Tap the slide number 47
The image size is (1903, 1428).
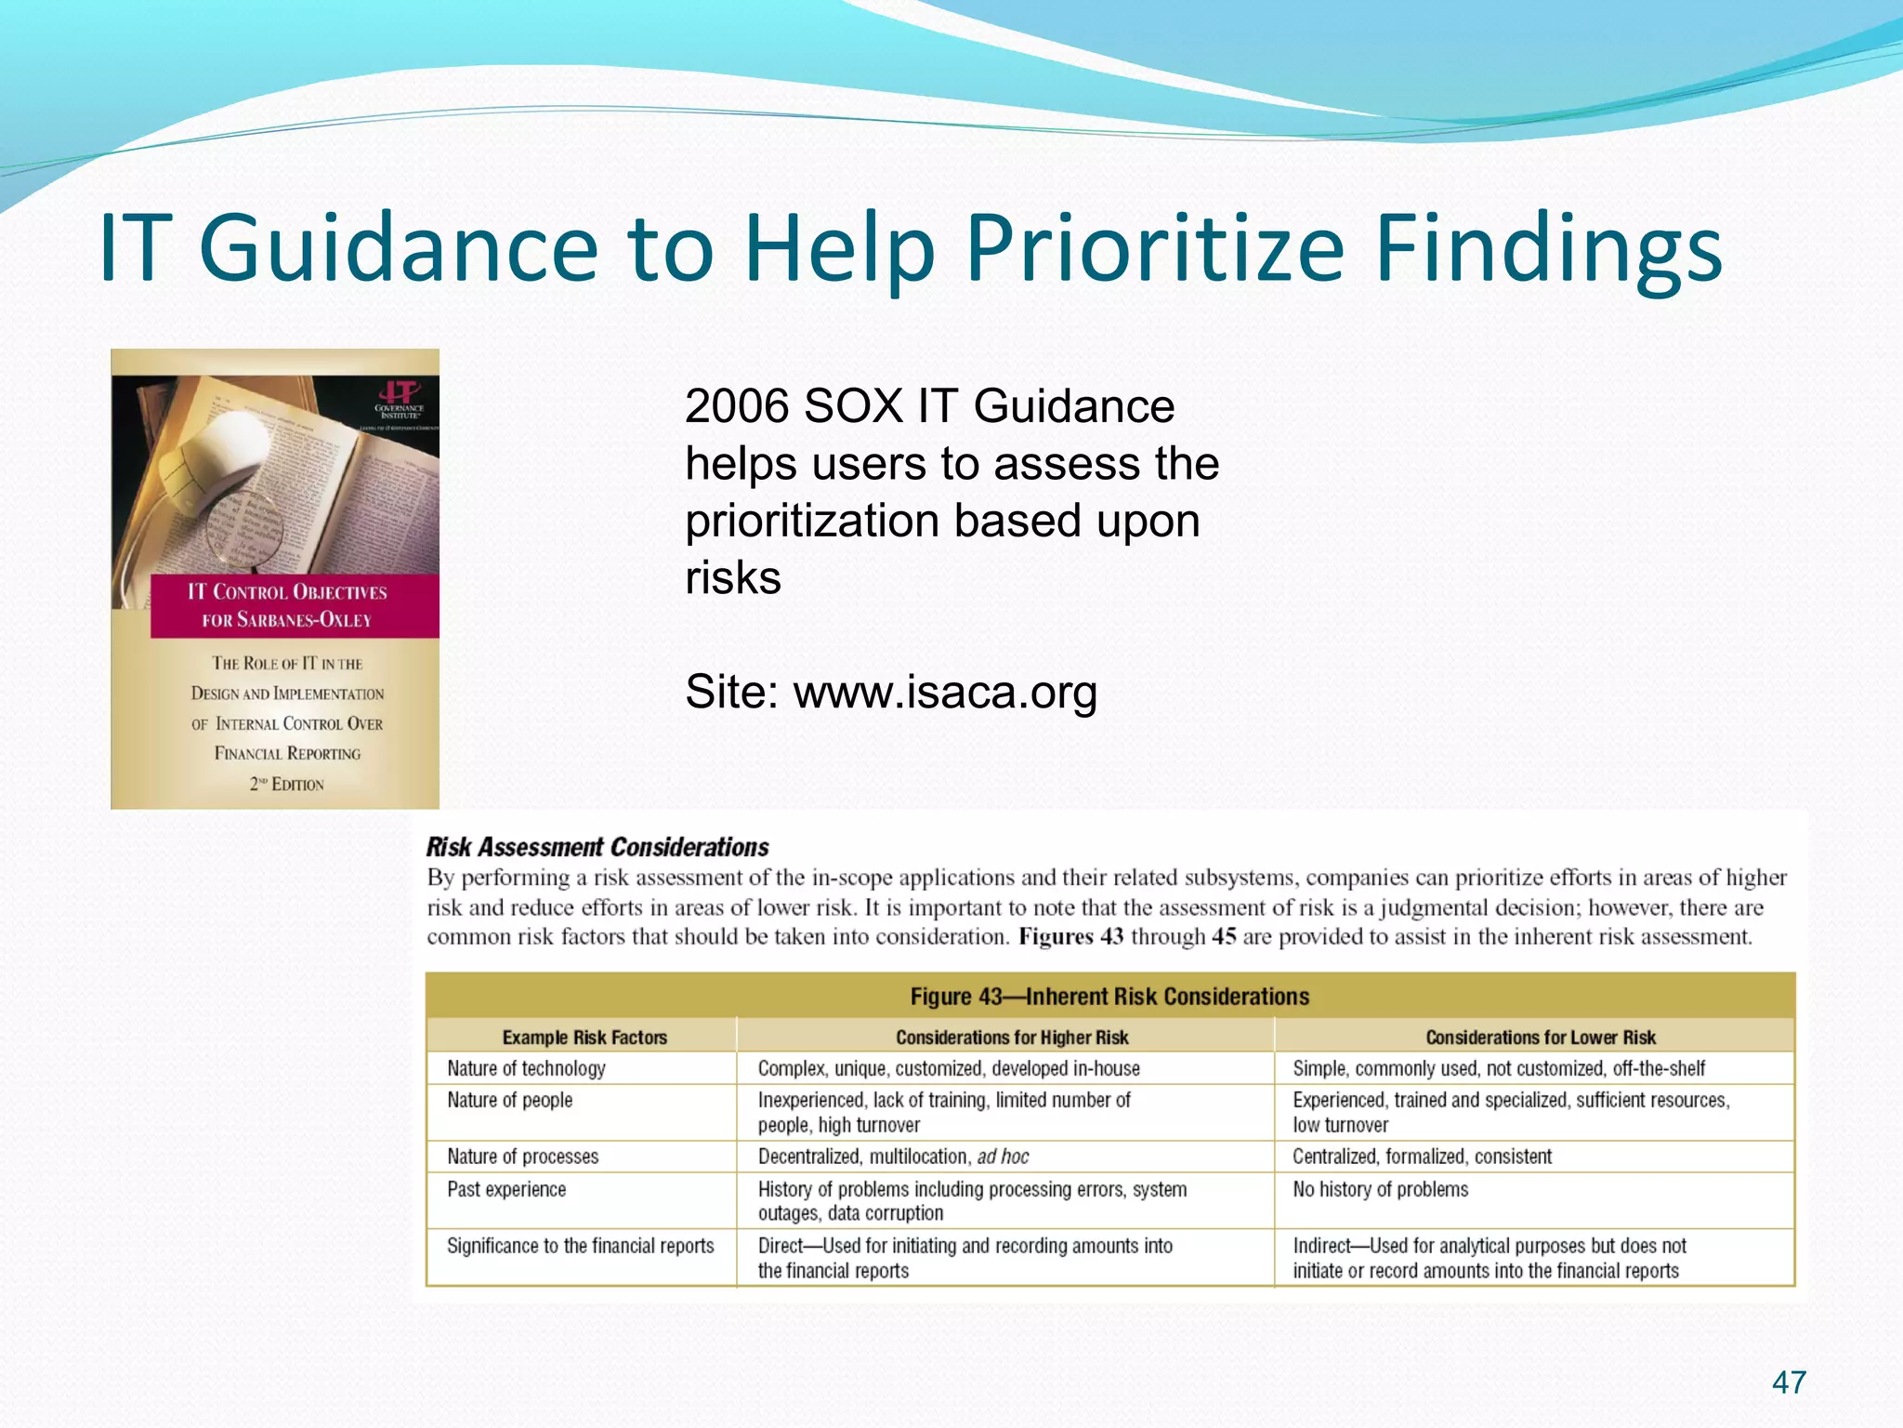[x=1789, y=1382]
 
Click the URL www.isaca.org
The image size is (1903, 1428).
[x=945, y=692]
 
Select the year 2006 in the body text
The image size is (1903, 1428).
[x=736, y=406]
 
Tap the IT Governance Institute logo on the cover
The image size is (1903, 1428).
[x=400, y=400]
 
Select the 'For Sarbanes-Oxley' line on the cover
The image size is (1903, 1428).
[x=287, y=620]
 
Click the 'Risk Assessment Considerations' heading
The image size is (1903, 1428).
[x=597, y=847]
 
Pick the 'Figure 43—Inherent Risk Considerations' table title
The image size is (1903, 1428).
[x=1109, y=997]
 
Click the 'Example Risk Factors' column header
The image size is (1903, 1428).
[x=584, y=1037]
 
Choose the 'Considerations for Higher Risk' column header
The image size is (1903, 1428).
[x=1012, y=1037]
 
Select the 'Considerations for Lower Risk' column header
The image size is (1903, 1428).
[x=1540, y=1037]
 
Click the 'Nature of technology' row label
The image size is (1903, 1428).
[x=526, y=1068]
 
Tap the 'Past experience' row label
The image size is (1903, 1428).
[x=506, y=1189]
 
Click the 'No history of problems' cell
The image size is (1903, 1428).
[x=1380, y=1189]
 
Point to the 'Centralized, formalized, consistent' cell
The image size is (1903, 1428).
[x=1422, y=1157]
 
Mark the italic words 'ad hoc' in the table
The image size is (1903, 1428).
[x=1003, y=1157]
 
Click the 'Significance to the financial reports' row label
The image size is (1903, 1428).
[x=581, y=1246]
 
